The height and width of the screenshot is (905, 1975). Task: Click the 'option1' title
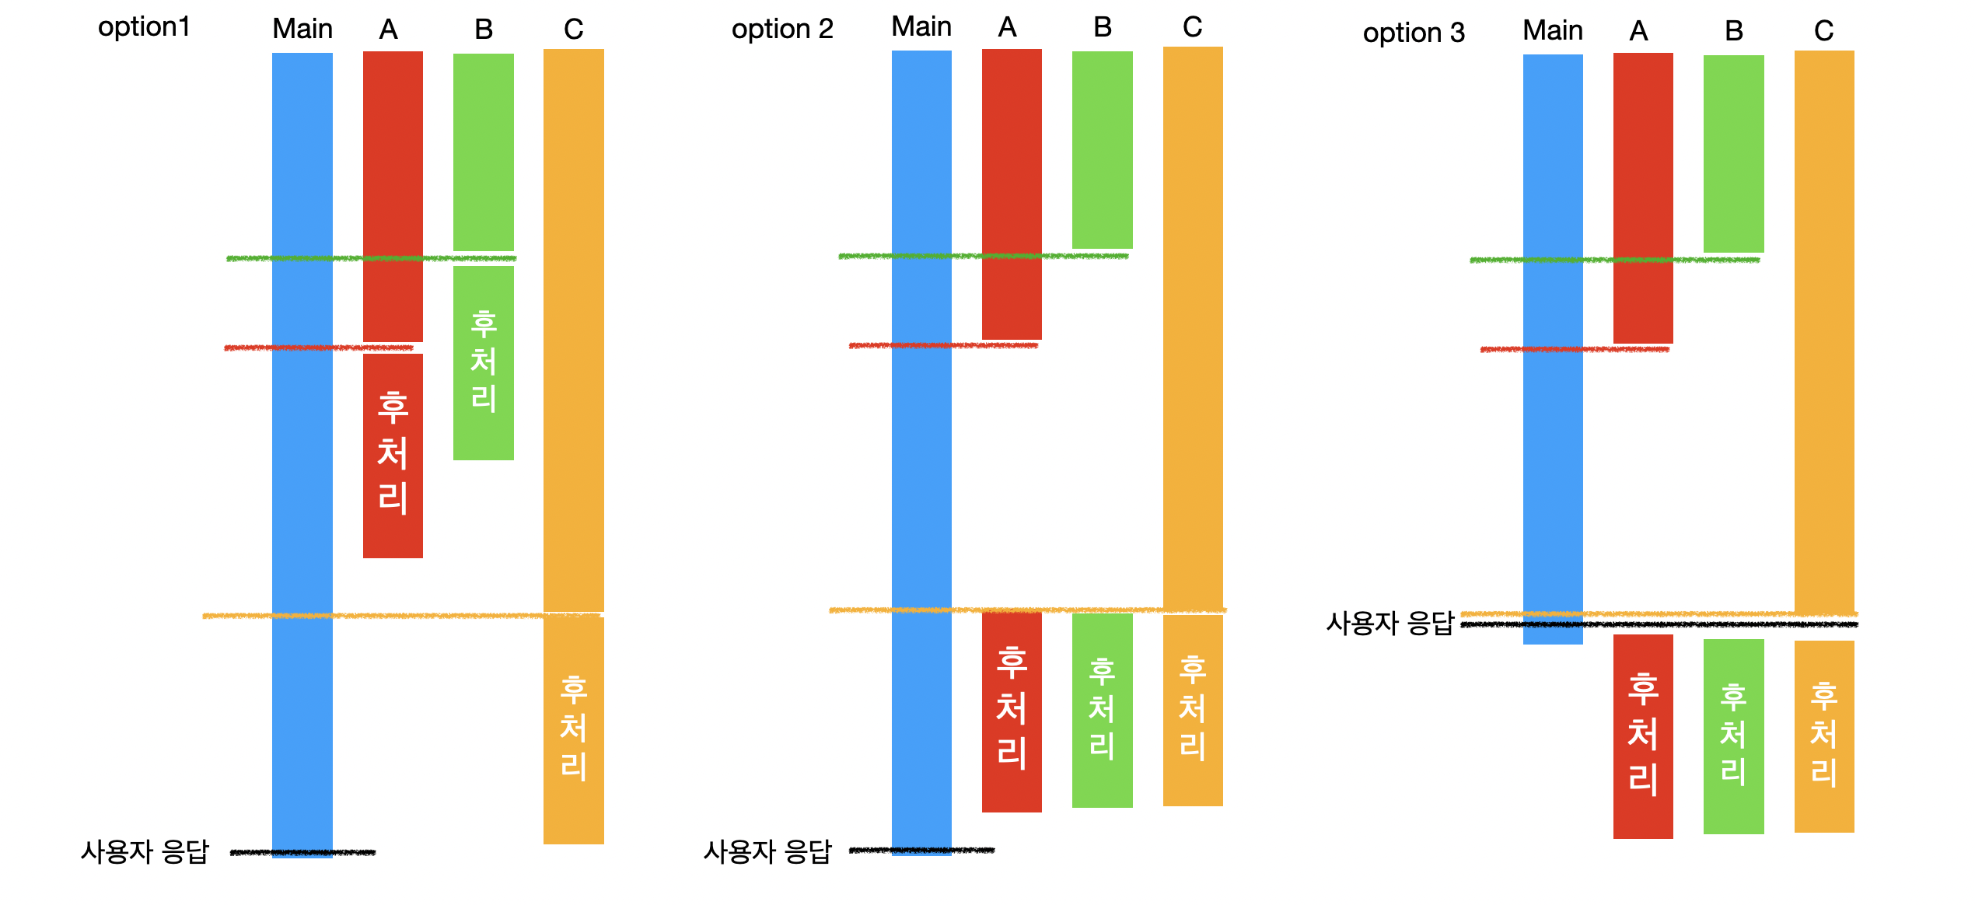click(x=144, y=27)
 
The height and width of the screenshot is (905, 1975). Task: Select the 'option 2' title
click(x=781, y=30)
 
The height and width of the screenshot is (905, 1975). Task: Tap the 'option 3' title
click(x=1413, y=33)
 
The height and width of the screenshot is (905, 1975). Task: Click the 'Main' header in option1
click(x=302, y=30)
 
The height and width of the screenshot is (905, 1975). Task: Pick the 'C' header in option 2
click(x=1192, y=28)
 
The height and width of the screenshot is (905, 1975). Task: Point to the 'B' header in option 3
click(x=1733, y=32)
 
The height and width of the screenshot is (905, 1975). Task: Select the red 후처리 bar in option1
click(x=393, y=455)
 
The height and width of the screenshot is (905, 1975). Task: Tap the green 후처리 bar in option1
click(x=483, y=362)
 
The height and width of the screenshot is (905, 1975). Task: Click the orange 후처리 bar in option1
click(x=573, y=729)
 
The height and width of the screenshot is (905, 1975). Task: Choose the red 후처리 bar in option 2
click(x=1011, y=711)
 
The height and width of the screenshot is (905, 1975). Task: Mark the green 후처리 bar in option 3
click(x=1733, y=736)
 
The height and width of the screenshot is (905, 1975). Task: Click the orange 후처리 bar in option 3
click(x=1823, y=736)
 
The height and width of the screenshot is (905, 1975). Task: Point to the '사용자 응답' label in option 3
click(x=1389, y=624)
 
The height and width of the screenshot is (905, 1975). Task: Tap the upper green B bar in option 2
click(x=1102, y=149)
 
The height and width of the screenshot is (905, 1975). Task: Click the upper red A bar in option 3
click(x=1642, y=197)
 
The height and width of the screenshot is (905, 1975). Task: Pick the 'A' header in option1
click(x=388, y=30)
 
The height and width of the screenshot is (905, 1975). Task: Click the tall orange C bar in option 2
click(x=1192, y=327)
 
